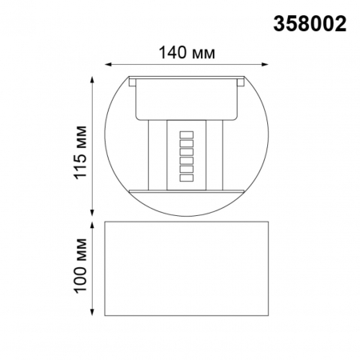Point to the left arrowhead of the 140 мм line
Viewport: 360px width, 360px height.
click(x=110, y=65)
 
